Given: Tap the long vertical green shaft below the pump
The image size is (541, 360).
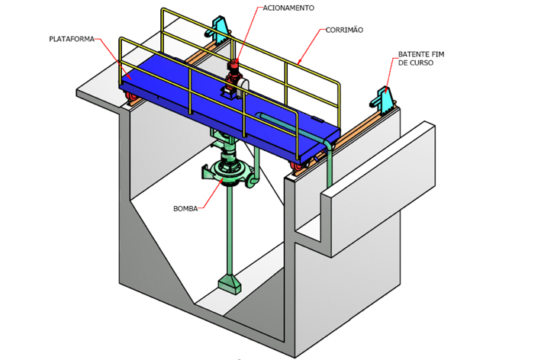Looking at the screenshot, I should [x=230, y=229].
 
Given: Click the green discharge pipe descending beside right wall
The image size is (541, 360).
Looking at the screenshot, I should [x=328, y=172].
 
